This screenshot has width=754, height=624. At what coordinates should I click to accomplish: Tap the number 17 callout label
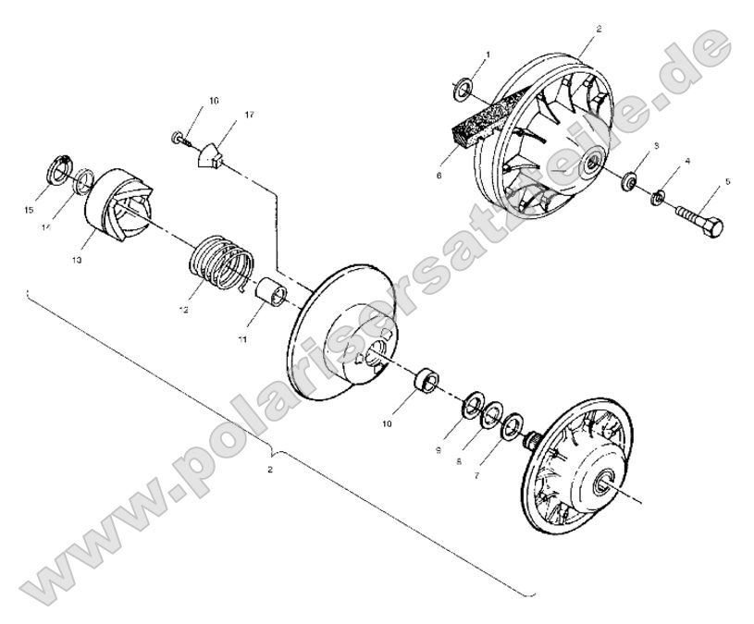pos(223,115)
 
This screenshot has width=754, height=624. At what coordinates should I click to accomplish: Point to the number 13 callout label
pos(76,261)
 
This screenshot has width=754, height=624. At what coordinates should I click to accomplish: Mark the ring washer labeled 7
pos(510,428)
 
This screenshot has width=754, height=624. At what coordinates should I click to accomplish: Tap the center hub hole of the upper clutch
pos(589,165)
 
